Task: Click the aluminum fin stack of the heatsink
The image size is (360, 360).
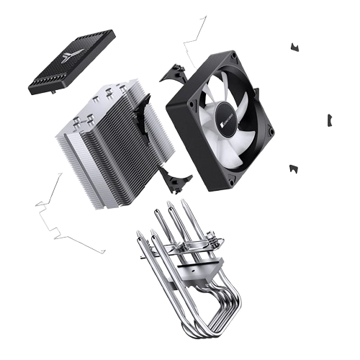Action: pyautogui.click(x=108, y=151)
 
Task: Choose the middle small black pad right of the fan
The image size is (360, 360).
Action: pyautogui.click(x=330, y=120)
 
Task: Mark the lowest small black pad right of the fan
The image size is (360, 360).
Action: pyautogui.click(x=293, y=170)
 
